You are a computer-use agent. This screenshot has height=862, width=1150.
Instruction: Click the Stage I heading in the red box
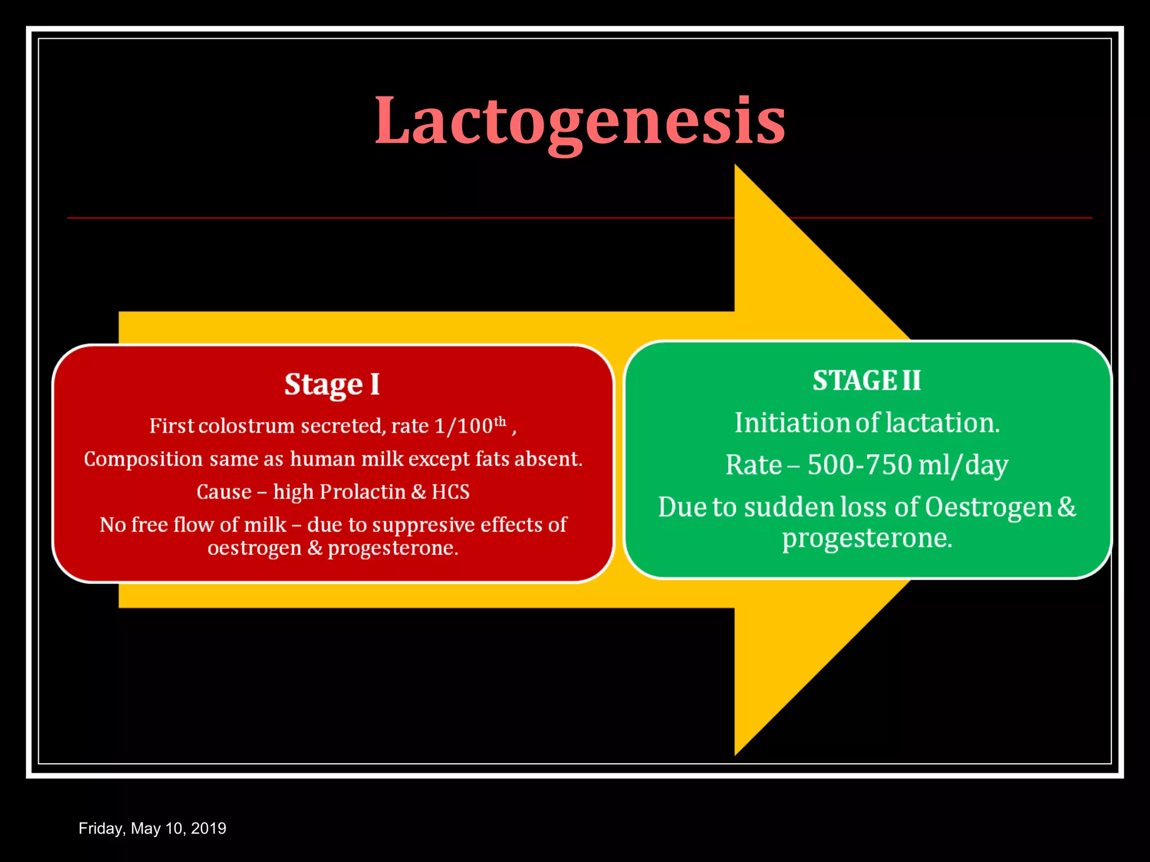(332, 385)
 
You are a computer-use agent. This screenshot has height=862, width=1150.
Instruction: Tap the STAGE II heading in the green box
(866, 380)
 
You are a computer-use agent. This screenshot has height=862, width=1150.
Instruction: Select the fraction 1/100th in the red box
(470, 425)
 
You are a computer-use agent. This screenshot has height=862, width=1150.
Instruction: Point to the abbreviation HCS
(450, 492)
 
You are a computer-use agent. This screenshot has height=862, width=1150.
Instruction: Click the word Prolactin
(362, 492)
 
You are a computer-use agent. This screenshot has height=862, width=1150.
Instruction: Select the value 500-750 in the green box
(859, 465)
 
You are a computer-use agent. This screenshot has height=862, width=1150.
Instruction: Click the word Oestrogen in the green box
(988, 507)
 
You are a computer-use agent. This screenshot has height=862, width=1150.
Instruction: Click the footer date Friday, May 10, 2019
(152, 828)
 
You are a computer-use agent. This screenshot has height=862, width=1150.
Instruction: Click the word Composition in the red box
(143, 460)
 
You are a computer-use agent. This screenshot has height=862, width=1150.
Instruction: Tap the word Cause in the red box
(223, 492)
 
